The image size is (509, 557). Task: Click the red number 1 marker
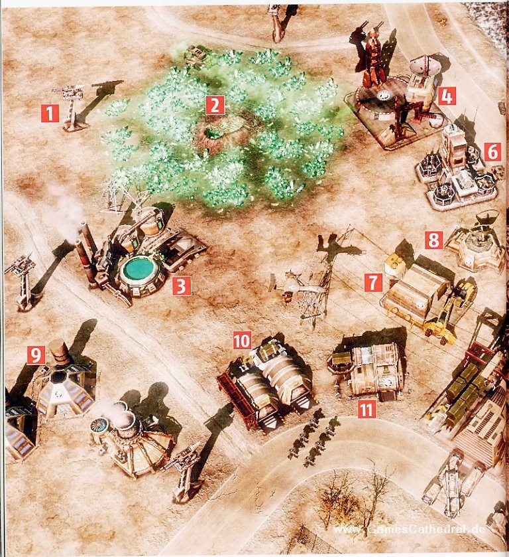tap(50, 114)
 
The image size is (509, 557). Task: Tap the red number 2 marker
tap(215, 105)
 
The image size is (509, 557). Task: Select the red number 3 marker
tap(181, 286)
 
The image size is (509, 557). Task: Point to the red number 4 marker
tap(447, 96)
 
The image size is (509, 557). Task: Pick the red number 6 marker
tap(492, 152)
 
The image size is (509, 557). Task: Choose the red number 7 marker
tap(373, 283)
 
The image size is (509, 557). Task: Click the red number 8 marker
tap(434, 240)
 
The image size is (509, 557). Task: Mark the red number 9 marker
tap(36, 355)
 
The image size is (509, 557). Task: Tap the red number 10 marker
tap(242, 341)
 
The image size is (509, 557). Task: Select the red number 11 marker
tap(367, 409)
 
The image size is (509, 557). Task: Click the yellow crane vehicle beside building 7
tap(451, 309)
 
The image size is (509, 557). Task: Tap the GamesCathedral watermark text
tap(409, 529)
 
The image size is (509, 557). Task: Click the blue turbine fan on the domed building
tap(97, 424)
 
